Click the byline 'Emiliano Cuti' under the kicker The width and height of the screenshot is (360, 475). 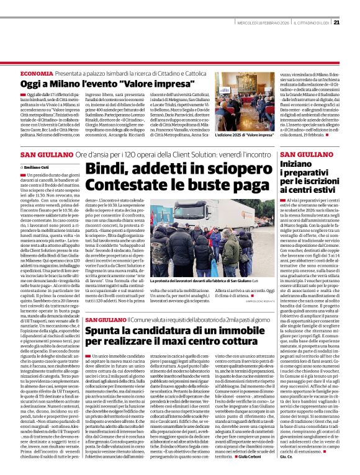pyautogui.click(x=37, y=167)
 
